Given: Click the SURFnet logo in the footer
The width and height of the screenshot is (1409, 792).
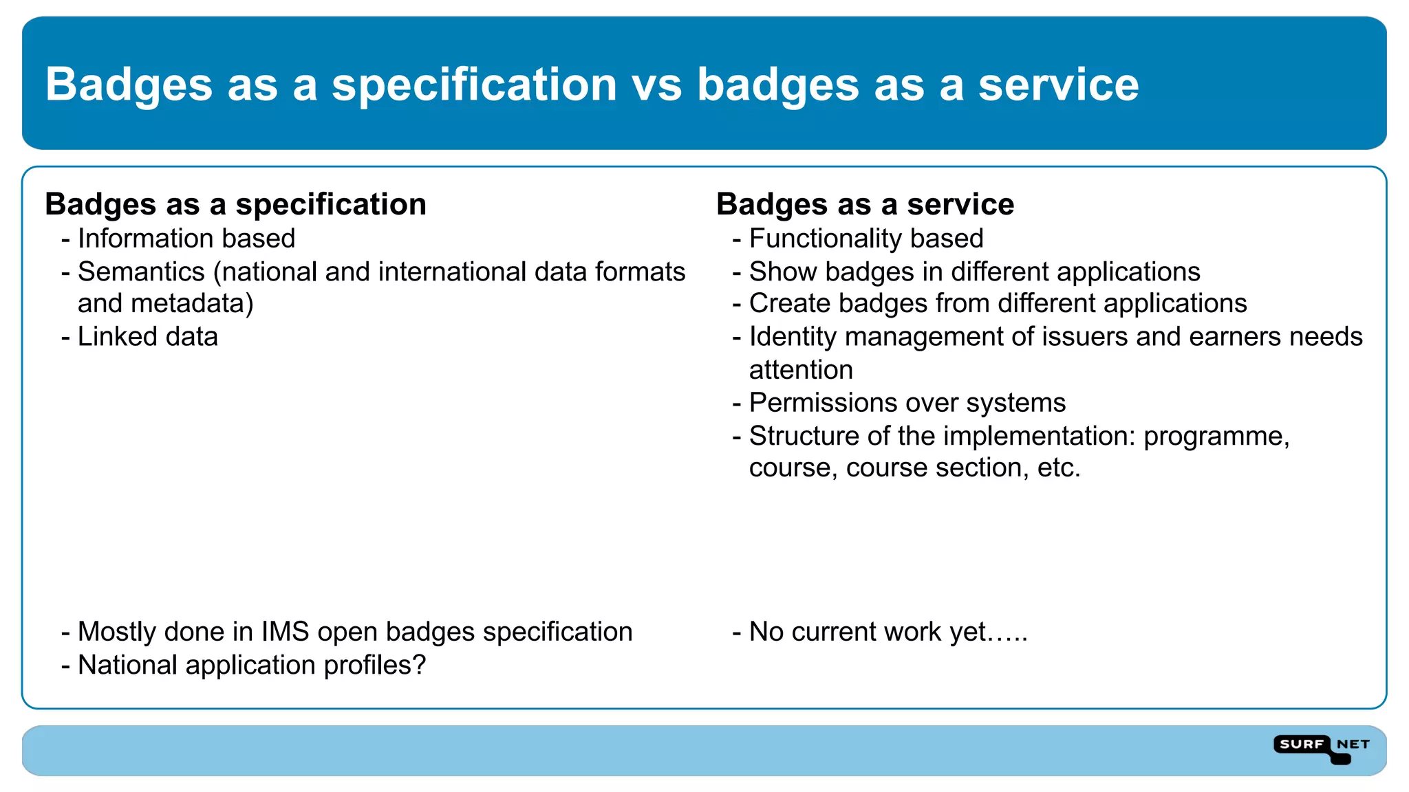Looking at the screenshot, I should coord(1321,748).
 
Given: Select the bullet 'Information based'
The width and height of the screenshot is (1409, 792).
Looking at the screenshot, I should coord(186,239).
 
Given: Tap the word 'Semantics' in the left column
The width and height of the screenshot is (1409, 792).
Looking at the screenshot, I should coord(141,272).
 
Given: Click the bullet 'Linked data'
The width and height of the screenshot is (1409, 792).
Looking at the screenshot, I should coord(147,337).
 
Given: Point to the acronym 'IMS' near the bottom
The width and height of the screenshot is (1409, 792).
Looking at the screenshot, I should coord(285,632).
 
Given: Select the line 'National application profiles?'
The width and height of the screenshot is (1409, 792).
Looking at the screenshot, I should coord(251,665).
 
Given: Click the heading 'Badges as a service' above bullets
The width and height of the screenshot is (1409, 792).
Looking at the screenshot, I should coord(865,204).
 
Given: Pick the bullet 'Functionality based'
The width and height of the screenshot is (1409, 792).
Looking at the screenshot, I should coord(865,239).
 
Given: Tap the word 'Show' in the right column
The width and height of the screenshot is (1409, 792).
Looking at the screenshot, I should coord(782,272).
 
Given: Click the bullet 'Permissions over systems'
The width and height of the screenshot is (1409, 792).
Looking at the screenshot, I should coord(907,403).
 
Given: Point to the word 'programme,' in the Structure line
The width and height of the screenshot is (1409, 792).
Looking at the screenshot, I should coord(1216,437).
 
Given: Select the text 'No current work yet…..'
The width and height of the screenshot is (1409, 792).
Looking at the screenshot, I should coord(888,632).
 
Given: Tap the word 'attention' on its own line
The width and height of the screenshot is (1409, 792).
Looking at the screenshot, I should coord(801,370).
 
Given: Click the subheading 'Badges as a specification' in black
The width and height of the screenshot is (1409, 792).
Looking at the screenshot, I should coord(235,204).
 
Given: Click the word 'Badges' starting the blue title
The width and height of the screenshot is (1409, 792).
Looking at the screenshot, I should coord(129,85).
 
